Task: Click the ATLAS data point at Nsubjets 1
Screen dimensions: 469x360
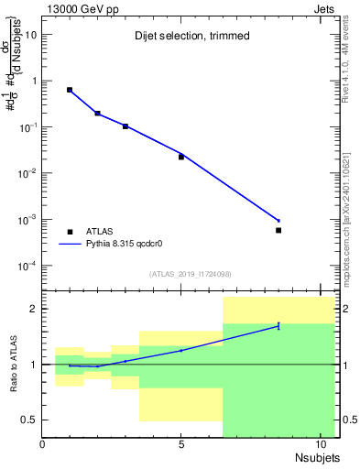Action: click(x=70, y=90)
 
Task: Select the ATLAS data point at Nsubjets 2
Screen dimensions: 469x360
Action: click(x=98, y=114)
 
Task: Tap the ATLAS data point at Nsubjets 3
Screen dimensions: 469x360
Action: click(x=125, y=126)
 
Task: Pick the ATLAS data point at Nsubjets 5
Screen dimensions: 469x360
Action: click(x=181, y=157)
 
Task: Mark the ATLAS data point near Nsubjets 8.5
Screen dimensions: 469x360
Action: click(x=278, y=230)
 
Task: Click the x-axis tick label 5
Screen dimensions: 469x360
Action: click(x=181, y=444)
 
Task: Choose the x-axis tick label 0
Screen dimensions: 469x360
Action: click(x=42, y=444)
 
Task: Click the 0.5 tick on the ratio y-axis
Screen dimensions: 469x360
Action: click(x=29, y=420)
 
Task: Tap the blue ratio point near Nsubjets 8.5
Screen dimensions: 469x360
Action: click(x=278, y=325)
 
